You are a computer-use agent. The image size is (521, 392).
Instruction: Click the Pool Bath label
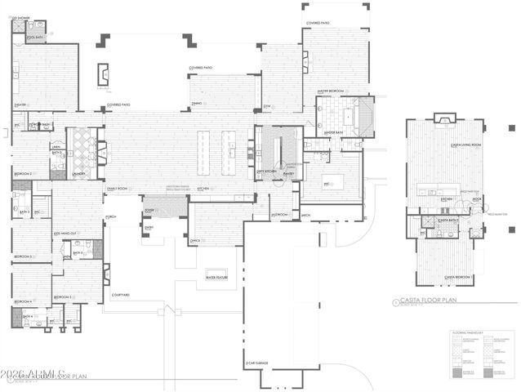point(34,37)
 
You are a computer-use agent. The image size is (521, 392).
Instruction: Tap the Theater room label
point(21,105)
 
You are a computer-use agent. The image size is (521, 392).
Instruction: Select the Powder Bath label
point(40,125)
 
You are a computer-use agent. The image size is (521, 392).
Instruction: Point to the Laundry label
point(79,173)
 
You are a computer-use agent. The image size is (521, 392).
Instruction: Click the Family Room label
point(118,188)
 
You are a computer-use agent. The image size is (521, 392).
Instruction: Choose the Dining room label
point(197,104)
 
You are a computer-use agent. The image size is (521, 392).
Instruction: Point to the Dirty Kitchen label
point(265,171)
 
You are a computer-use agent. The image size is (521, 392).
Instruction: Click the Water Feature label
point(216,278)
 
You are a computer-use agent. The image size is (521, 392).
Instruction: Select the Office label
point(195,240)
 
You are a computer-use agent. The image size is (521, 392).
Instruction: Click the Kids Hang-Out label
point(66,234)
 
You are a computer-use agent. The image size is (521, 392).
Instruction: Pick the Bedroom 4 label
point(21,301)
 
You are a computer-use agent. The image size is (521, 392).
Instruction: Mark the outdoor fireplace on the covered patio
point(103,74)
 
